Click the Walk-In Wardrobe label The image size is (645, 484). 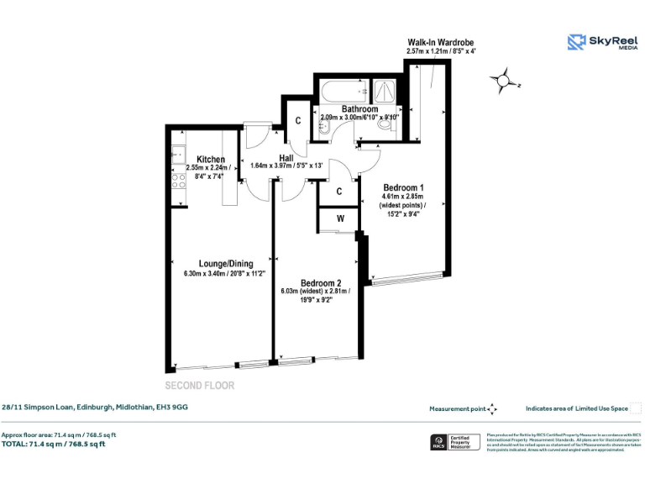point(440,41)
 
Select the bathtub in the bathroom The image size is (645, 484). point(344,90)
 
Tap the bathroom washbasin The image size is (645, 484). point(323,128)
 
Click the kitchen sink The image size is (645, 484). point(177,154)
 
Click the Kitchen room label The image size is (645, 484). point(211,160)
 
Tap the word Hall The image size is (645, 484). point(286,156)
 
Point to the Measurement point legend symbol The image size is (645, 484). point(492,408)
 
